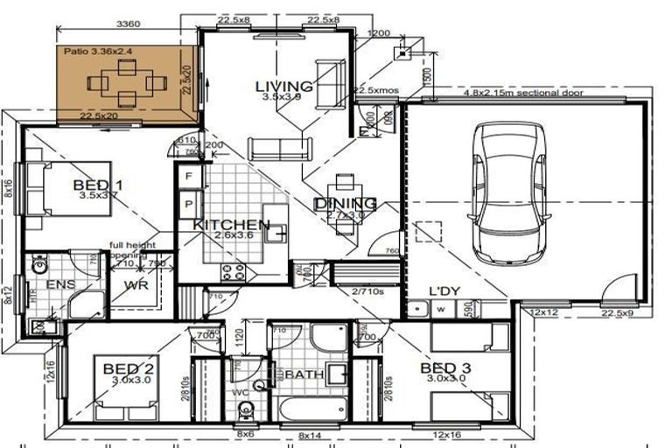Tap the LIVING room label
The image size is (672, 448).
(283, 86)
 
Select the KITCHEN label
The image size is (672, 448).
(231, 225)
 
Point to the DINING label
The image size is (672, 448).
(345, 204)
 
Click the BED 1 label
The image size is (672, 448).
(97, 185)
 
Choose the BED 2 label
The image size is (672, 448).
(129, 368)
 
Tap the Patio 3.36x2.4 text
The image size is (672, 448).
(98, 52)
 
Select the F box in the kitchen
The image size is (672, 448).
(188, 176)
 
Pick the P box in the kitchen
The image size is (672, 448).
(188, 203)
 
